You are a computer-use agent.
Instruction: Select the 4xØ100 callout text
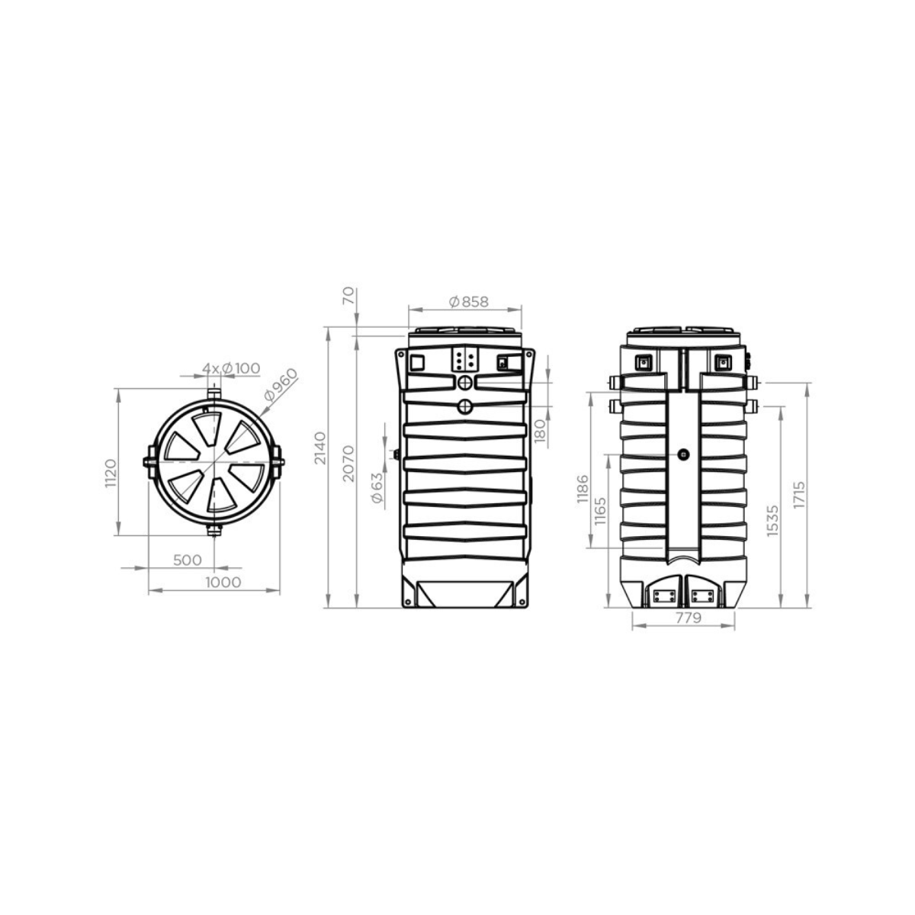point(230,368)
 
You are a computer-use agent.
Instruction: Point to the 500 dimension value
point(188,560)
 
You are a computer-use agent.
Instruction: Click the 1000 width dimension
point(223,582)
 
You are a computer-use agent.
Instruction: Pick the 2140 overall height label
point(319,448)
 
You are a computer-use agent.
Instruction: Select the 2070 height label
point(348,463)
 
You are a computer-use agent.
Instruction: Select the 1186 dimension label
point(583,489)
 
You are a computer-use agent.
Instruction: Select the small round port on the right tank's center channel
point(683,454)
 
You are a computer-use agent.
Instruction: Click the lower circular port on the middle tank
point(465,407)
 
